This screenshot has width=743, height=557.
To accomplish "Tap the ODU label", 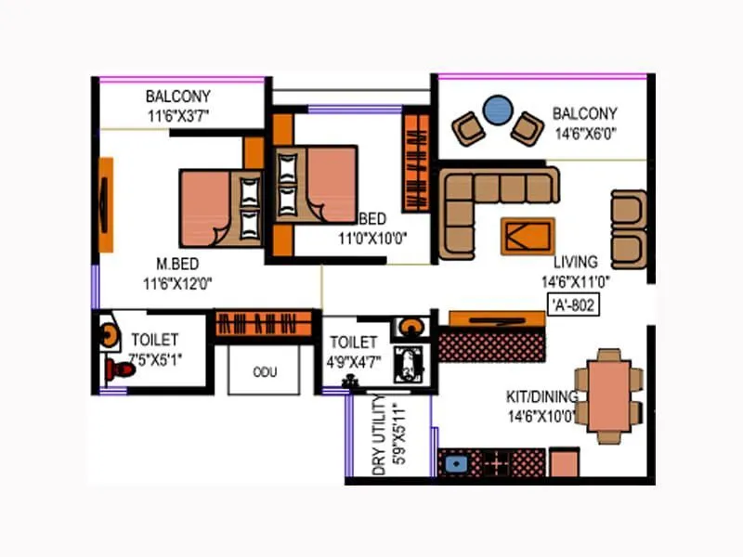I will [x=264, y=372].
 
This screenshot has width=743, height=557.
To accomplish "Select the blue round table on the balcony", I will [x=499, y=109].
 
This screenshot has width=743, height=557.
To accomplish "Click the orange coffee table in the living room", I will [x=528, y=236].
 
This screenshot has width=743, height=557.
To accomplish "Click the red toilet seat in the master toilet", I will [x=120, y=369].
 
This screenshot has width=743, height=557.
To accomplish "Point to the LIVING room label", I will [x=575, y=262].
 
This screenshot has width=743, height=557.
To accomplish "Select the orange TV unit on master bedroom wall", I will [x=106, y=204].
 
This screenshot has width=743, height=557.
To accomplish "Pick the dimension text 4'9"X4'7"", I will [x=353, y=361].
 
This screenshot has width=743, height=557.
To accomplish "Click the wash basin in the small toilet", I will [x=409, y=327].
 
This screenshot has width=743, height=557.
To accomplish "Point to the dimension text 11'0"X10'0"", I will [x=372, y=237].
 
